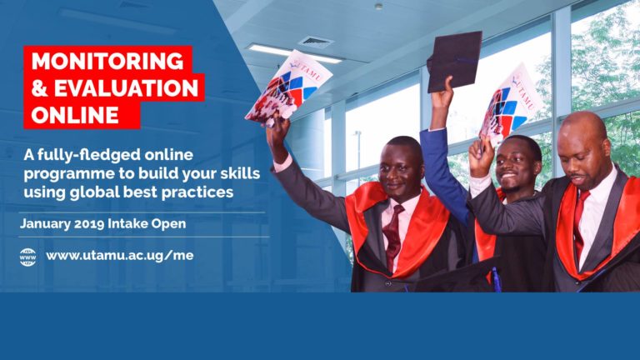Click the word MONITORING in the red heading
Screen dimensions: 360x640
(107, 61)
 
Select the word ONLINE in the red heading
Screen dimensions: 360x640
(69, 113)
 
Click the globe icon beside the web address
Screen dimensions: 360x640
(27, 256)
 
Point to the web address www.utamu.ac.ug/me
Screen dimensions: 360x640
(120, 256)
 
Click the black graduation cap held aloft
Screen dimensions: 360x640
(454, 60)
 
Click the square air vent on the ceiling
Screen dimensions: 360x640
(315, 42)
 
